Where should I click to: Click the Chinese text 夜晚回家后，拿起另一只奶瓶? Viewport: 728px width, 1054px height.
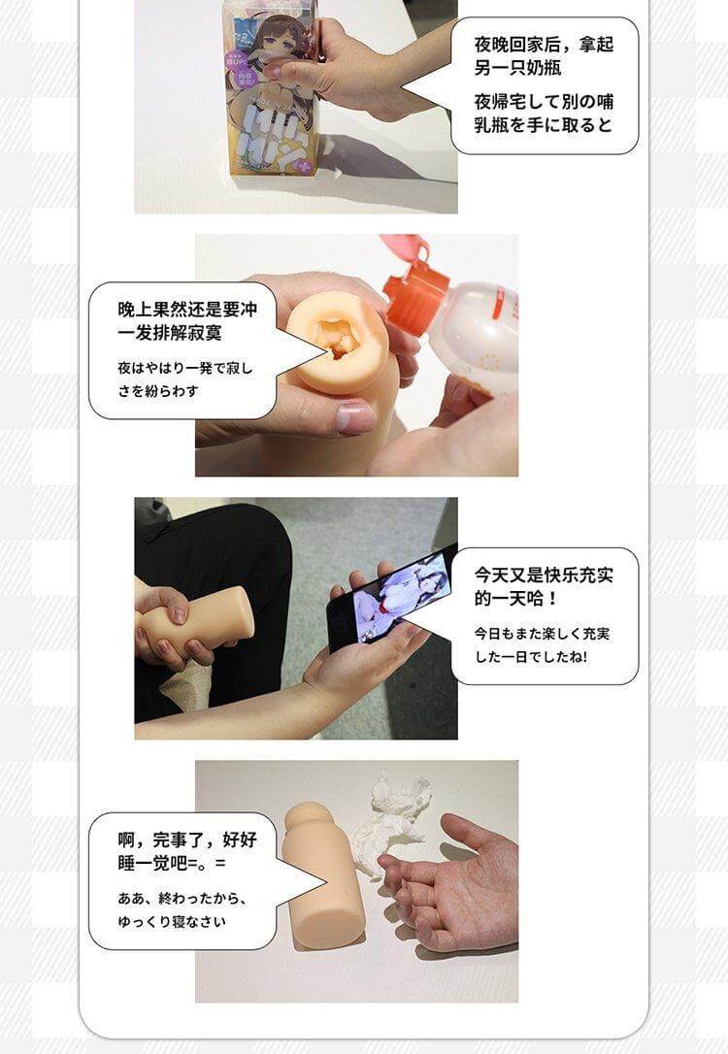[x=544, y=56]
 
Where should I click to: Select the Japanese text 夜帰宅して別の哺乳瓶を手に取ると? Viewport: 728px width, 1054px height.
[x=544, y=113]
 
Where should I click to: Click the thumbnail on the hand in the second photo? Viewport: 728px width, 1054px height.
[x=355, y=418]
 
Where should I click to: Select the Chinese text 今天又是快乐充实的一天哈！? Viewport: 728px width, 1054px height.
[x=544, y=585]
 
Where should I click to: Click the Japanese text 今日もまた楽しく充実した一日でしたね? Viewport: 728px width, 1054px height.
[x=544, y=644]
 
